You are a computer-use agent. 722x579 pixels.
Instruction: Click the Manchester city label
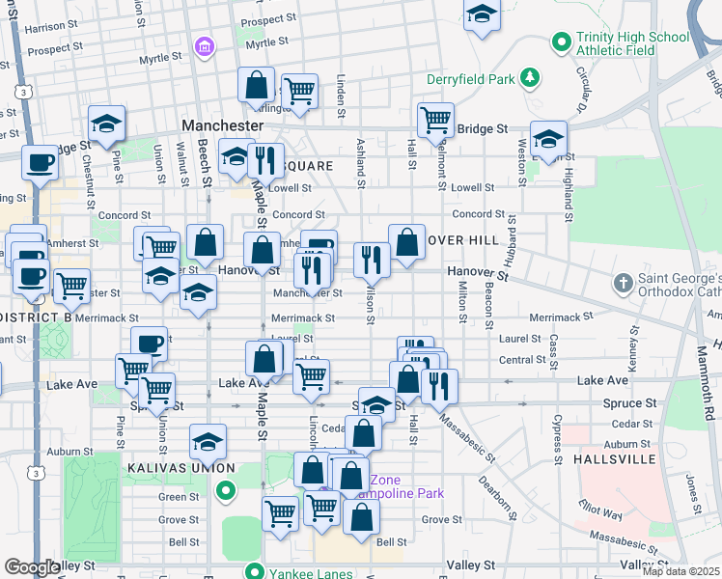[x=223, y=126]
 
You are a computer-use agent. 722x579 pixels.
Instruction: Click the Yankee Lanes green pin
[x=255, y=569]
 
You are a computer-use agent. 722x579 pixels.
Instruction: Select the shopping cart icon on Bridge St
[x=435, y=120]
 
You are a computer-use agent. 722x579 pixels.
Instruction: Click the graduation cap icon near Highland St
[x=548, y=138]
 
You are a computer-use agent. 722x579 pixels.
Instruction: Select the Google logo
[x=32, y=567]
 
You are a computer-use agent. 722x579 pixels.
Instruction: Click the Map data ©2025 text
[x=680, y=571]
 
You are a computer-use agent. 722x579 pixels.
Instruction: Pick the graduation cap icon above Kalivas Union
[x=207, y=442]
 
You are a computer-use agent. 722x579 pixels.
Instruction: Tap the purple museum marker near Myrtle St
[x=204, y=46]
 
